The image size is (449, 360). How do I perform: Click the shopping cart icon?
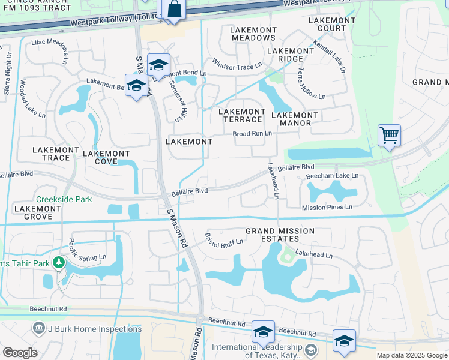tap(389, 136)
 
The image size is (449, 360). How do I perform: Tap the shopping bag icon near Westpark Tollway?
tap(173, 10)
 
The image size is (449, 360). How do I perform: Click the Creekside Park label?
tap(64, 199)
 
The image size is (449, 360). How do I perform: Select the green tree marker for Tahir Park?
tap(59, 262)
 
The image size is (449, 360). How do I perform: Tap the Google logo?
tap(20, 353)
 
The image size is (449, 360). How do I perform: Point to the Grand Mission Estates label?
tap(280, 235)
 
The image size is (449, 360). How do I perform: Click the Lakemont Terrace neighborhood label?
tap(242, 115)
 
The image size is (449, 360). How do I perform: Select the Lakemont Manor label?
tap(295, 119)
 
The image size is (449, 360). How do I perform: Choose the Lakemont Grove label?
tap(37, 212)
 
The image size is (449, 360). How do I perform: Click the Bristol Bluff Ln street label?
tap(224, 239)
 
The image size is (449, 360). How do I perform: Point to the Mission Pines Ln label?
tap(327, 208)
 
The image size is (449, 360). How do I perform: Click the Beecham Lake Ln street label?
tap(332, 176)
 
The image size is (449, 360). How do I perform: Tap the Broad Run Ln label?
tap(252, 134)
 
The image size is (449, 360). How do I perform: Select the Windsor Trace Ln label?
tap(237, 64)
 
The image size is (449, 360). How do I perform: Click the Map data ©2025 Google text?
tap(411, 355)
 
